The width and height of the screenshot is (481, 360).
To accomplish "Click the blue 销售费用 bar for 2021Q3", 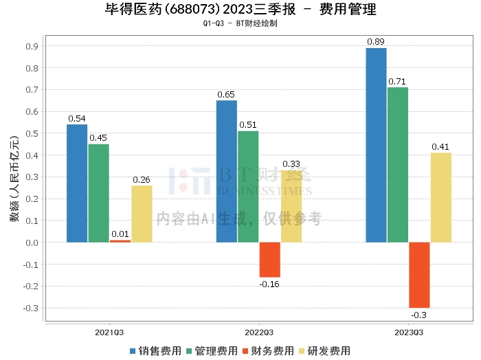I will coord(77,183).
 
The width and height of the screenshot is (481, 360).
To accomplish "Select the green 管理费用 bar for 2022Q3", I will coord(247,186).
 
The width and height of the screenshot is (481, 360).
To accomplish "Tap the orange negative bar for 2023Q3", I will coord(419,275).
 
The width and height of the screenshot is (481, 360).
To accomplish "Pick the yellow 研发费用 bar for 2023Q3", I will coord(440,198).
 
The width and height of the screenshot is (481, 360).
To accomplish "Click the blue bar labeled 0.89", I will coord(376,145).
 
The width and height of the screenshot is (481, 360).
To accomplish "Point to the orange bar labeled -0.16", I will coord(269,260).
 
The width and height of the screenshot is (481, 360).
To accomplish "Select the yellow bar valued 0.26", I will coord(142,214).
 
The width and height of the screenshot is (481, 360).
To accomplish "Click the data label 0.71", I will coord(397,82).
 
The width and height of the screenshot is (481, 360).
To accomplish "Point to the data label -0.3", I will coord(419,315).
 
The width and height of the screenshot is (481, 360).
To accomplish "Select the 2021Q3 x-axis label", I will coord(109,333).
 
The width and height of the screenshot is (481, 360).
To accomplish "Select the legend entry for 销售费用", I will coord(156,351).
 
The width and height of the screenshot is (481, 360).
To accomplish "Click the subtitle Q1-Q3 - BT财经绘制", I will coord(240,23).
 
